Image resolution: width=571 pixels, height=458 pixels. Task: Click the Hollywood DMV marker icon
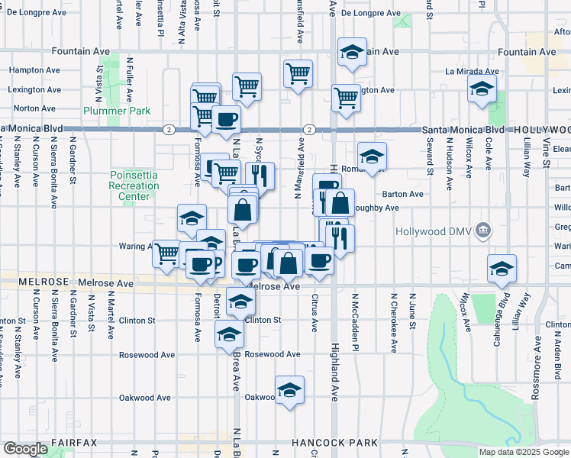click(483, 231)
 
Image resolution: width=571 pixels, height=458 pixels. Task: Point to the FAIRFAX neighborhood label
click(74, 443)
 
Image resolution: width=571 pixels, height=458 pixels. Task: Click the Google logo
click(25, 449)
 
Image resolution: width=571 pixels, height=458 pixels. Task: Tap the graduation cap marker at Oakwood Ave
click(289, 391)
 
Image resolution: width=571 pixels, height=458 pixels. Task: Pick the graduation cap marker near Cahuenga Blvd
click(502, 269)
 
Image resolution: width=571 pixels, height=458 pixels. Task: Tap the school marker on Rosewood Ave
click(229, 334)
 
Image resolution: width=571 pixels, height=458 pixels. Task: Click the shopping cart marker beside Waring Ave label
click(167, 253)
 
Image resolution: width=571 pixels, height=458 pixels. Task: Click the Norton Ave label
click(34, 109)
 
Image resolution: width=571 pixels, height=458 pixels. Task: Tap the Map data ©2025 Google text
click(524, 452)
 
